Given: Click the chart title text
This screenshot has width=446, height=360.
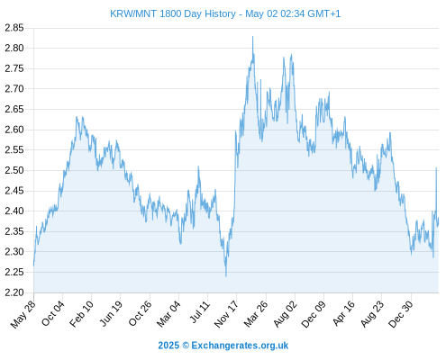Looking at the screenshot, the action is point(225,13).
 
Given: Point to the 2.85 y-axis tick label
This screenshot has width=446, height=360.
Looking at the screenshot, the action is point(14,28).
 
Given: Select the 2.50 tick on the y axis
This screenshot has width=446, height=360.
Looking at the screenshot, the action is point(14,170).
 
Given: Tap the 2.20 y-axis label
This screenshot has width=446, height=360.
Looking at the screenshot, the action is point(14,292).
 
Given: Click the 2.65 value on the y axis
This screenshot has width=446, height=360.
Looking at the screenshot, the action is point(14,109).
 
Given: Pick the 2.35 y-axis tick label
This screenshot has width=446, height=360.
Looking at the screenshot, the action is point(14,231).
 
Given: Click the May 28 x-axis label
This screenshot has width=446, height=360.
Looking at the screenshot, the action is point(23,314).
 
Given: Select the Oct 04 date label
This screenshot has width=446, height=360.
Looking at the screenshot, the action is point(53,313).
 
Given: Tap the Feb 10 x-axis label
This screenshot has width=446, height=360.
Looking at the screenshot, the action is point(82,314).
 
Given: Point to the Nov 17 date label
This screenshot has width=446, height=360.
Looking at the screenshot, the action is point(226,314).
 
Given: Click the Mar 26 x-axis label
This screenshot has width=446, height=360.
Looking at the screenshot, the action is point(256,314).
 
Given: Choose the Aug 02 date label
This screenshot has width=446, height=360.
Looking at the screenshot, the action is point(285,314).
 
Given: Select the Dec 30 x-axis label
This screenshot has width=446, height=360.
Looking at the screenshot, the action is point(401,314).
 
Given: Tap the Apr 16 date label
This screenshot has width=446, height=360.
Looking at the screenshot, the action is point(343,313).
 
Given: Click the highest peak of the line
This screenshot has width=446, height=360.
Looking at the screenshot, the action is point(252,37).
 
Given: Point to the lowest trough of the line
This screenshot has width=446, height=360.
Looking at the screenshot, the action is point(226,276).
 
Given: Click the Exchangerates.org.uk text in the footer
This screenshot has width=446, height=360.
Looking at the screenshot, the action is point(240,346).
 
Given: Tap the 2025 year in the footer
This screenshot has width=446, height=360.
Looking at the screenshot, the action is point(168,346).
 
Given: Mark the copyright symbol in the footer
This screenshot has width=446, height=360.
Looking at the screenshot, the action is point(186,346).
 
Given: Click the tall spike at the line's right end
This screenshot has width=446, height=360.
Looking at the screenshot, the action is point(436,168).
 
